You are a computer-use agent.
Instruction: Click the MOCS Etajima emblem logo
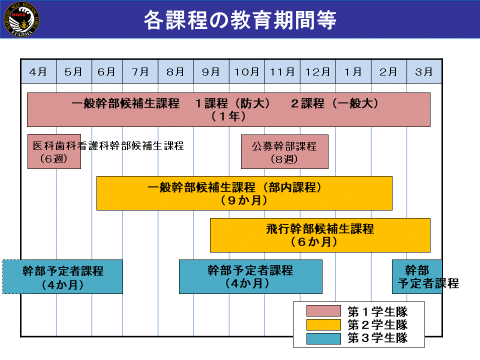point(21,19)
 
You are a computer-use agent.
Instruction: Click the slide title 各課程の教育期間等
point(240,20)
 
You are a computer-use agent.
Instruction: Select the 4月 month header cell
point(38,71)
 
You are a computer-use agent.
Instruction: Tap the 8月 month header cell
point(175,71)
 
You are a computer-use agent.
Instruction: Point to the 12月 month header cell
point(318,71)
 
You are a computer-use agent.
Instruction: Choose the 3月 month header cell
point(424,71)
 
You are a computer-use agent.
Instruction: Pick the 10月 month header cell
point(246,71)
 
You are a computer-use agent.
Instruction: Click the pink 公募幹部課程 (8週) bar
point(284,152)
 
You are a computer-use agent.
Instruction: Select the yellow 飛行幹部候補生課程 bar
point(320,235)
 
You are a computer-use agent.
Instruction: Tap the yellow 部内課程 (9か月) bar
point(244,193)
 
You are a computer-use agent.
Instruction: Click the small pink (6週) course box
point(54,151)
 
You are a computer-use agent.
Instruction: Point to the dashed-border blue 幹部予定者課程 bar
point(63,276)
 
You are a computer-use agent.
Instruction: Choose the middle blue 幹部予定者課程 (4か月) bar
point(250,276)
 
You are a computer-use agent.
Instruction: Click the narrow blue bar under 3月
point(417,276)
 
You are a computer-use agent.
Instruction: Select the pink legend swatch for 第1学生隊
point(323,310)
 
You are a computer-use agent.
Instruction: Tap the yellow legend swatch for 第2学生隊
point(323,324)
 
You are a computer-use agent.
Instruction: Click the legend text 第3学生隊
point(377,338)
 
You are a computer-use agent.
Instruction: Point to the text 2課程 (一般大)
point(334,103)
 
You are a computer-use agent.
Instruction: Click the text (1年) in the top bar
point(228,116)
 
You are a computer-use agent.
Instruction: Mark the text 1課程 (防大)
point(232,103)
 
